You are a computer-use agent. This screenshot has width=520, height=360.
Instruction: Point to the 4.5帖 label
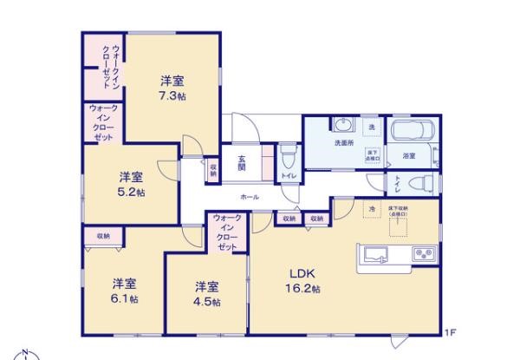206,302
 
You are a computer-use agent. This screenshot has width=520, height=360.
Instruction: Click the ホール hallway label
250,197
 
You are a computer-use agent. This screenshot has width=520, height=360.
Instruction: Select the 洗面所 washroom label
344,143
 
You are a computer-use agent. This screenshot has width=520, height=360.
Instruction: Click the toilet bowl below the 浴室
419,183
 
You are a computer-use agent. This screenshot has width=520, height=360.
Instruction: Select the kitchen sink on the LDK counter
376,254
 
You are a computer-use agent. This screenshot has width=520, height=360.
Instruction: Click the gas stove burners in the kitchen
423,254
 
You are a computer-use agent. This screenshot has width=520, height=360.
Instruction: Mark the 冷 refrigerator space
372,209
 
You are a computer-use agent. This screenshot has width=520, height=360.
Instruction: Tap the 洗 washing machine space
373,127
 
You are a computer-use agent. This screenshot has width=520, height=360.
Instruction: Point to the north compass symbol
26,355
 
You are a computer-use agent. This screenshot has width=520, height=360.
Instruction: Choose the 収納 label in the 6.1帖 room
103,236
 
